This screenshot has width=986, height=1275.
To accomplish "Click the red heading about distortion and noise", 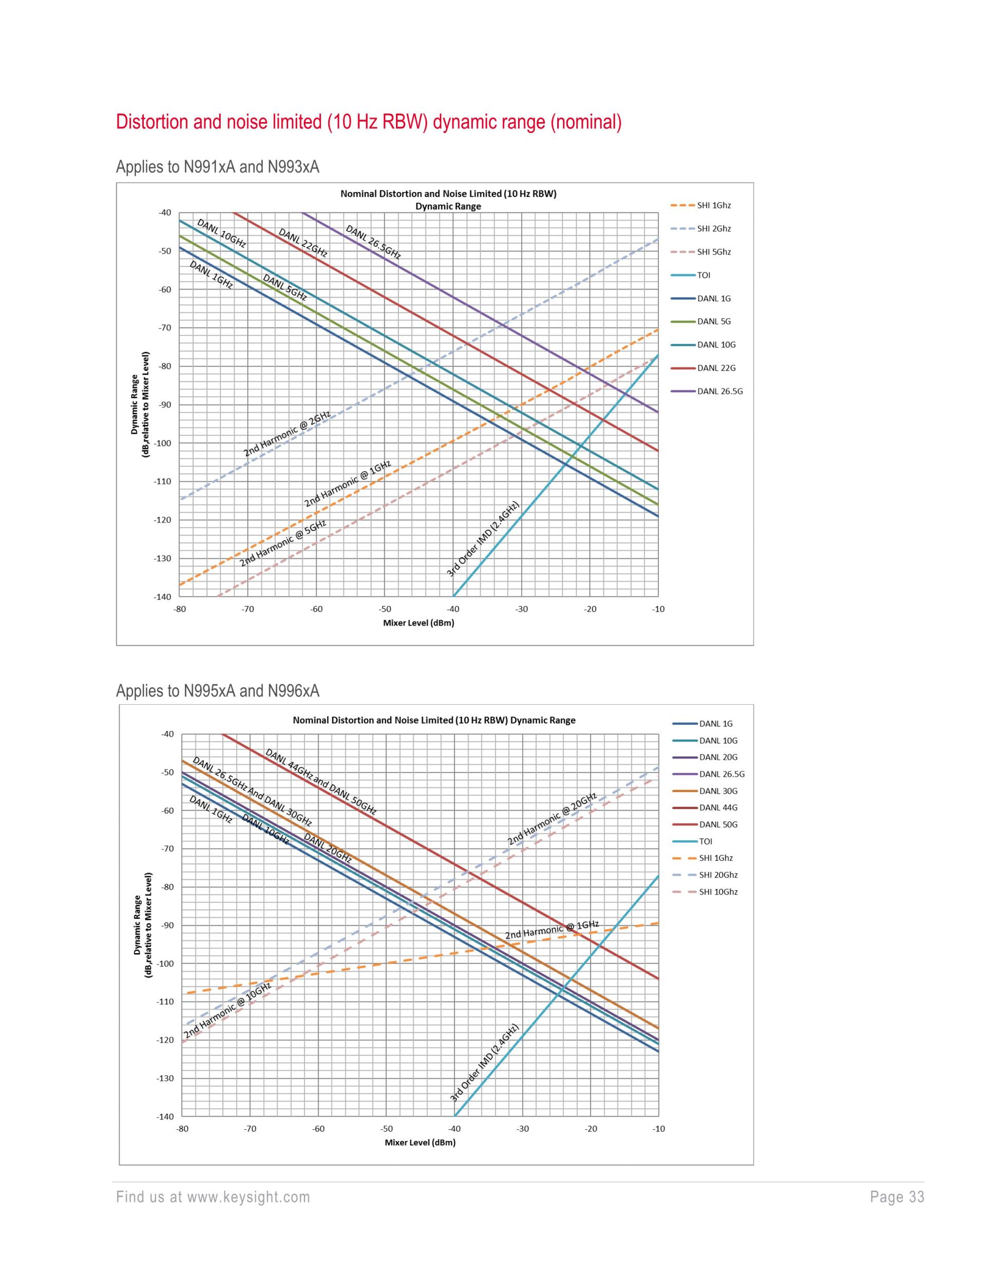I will click(x=369, y=122).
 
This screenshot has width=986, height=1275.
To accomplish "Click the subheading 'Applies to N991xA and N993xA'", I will click(x=217, y=167).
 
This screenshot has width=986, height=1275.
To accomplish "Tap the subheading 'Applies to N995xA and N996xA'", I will click(x=217, y=691).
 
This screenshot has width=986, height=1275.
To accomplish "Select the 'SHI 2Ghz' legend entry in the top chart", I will click(x=714, y=229).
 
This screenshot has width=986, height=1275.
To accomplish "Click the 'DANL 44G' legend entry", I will click(x=718, y=807).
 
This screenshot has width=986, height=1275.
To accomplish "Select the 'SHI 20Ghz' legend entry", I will click(x=718, y=875).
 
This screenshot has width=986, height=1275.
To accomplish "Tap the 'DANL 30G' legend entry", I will click(x=718, y=791).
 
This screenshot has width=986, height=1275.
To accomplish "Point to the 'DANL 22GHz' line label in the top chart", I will click(x=302, y=243).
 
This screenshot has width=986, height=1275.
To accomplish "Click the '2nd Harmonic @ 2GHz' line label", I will click(x=287, y=433).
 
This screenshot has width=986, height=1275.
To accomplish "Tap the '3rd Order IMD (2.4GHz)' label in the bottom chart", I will click(x=484, y=1062).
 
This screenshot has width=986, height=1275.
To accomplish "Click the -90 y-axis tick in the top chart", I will click(x=164, y=404).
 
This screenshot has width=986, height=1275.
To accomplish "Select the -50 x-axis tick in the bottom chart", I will click(x=387, y=1129).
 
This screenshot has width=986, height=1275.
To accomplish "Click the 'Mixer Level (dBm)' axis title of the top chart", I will click(x=418, y=623).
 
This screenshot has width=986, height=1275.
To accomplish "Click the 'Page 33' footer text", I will click(x=897, y=1197).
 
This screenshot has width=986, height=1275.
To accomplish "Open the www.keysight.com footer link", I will click(x=248, y=1197).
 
